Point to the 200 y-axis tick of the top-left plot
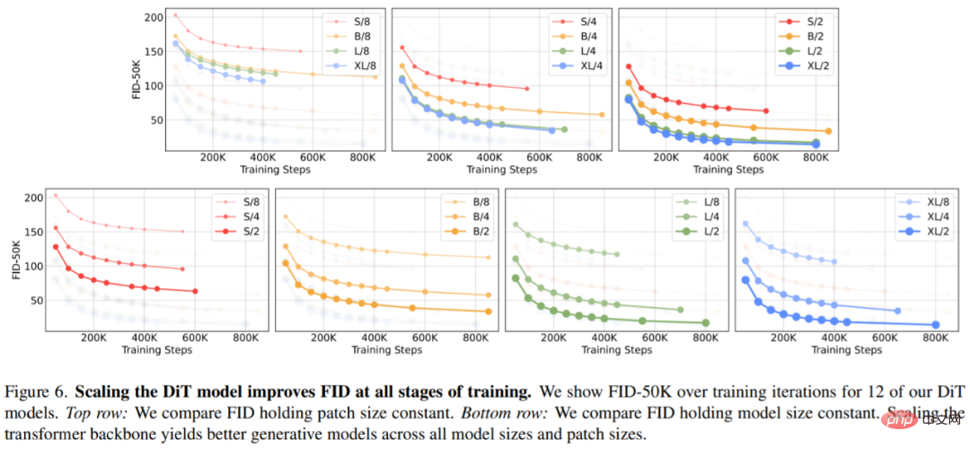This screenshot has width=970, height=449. point(154,17)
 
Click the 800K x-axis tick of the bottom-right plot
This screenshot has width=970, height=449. point(936,339)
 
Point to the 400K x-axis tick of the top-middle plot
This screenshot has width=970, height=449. point(489,155)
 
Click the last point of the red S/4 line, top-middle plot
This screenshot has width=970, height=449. point(526,88)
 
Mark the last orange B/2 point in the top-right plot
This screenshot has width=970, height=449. point(827,131)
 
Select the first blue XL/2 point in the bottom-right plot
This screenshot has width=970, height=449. point(745,280)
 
